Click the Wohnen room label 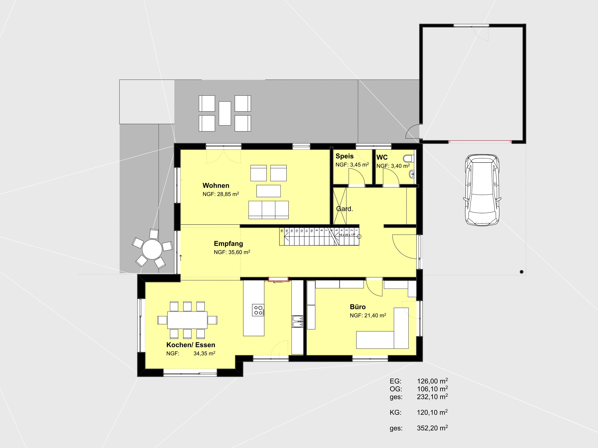(x=216, y=186)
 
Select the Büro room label (x=358, y=307)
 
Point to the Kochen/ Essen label (x=191, y=345)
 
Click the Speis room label (x=344, y=156)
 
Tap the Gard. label (x=344, y=209)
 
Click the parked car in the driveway (x=482, y=190)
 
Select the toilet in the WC (x=409, y=158)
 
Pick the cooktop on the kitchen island (x=258, y=310)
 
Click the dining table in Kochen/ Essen (x=187, y=320)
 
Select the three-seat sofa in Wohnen (x=268, y=209)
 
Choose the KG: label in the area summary (x=396, y=412)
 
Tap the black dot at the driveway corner (x=522, y=272)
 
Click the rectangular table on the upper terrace (x=225, y=113)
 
